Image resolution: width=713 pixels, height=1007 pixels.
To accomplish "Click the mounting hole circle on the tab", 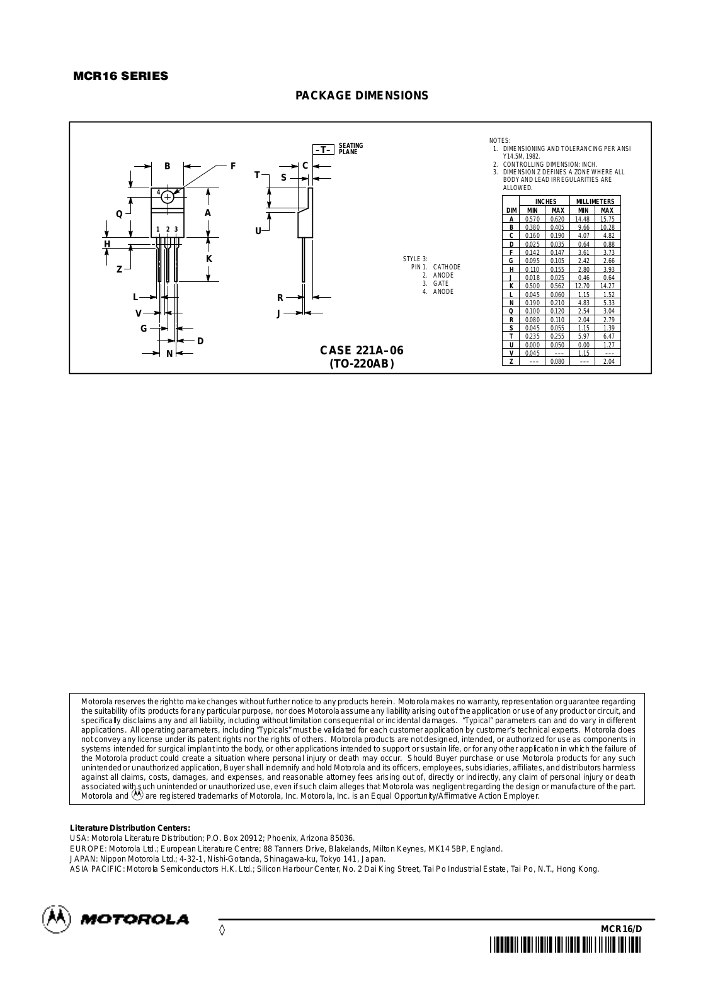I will pos(168,197).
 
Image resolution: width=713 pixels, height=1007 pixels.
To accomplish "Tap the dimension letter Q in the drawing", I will pos(119,213).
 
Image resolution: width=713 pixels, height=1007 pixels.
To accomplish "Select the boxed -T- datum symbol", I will pos(323,149).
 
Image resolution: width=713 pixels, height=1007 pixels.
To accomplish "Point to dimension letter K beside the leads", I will pos(209,259).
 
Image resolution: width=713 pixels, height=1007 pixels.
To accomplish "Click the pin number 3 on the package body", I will pos(176,229).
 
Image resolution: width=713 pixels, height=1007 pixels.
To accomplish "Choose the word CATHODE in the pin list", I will pos(447,267).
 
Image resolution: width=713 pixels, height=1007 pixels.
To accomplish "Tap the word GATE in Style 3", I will pos(441,283).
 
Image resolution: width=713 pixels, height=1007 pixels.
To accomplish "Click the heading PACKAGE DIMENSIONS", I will pos(362,96).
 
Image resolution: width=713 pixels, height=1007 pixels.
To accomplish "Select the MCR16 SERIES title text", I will pos(121,76).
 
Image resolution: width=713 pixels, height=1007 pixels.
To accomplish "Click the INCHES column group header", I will pos(545,201).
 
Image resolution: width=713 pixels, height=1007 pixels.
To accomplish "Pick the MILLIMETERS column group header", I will pos(595,201).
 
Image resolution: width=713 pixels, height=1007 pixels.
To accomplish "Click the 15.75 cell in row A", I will pos(607,219).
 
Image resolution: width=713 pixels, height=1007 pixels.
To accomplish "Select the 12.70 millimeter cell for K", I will pos(583,286).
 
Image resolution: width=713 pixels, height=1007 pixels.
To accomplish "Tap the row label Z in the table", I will pos(511,361).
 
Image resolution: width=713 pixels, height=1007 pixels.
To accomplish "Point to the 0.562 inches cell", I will pos(557,286).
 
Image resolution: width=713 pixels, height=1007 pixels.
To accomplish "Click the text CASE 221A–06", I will pos(362,351).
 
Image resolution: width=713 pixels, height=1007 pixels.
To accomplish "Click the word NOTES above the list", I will pos(500,140).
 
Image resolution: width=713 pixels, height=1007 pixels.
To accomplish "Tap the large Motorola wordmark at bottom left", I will pos(134,920).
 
